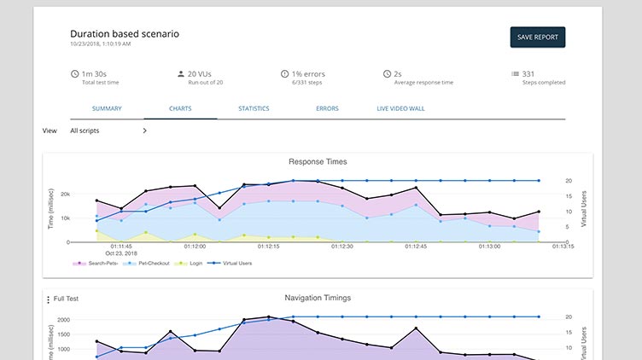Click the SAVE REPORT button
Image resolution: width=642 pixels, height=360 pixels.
[537, 37]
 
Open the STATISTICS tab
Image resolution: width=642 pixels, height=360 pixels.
[254, 108]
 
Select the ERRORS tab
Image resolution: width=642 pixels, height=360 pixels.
[327, 108]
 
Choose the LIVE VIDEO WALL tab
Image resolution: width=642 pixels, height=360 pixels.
[400, 108]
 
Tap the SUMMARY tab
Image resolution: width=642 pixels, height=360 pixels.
[107, 108]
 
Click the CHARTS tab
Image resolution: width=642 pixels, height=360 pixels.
[180, 108]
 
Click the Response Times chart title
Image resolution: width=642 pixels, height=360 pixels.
[318, 161]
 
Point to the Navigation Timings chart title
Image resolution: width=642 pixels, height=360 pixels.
[318, 298]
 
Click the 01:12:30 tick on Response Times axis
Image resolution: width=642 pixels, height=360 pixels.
[342, 247]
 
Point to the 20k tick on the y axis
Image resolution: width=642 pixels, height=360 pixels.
[88, 194]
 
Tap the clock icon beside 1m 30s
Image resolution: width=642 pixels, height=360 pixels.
[75, 74]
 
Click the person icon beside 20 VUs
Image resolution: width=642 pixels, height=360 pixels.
[180, 74]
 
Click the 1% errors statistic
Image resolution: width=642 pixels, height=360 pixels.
[308, 74]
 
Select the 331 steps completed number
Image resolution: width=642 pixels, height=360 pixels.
[529, 74]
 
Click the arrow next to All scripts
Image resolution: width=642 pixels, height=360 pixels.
[144, 131]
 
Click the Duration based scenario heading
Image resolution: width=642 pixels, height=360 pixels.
[125, 33]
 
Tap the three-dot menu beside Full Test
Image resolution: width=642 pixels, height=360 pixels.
[48, 299]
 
